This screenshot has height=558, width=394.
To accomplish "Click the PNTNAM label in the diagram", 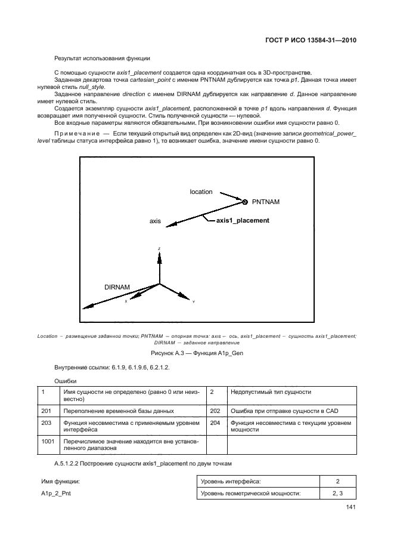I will click(x=265, y=202).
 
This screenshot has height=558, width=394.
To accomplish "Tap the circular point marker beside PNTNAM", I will click(x=244, y=201).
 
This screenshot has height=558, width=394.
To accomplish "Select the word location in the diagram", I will click(x=201, y=192).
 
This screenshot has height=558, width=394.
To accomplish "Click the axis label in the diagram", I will click(x=155, y=221).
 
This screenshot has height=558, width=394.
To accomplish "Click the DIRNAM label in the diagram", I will click(x=117, y=287).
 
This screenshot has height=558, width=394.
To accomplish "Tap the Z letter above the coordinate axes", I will click(x=159, y=248).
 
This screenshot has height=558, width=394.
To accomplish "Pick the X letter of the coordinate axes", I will click(x=126, y=301).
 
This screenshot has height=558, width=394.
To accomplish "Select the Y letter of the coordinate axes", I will click(x=193, y=302).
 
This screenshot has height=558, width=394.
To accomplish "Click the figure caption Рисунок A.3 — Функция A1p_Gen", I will click(x=197, y=353).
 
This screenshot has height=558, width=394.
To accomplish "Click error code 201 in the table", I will click(x=46, y=411).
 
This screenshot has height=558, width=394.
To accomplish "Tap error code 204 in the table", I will click(x=215, y=423).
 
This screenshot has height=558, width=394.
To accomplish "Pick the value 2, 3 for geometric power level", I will click(x=337, y=493).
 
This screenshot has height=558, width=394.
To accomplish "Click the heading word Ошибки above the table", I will click(x=66, y=380).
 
